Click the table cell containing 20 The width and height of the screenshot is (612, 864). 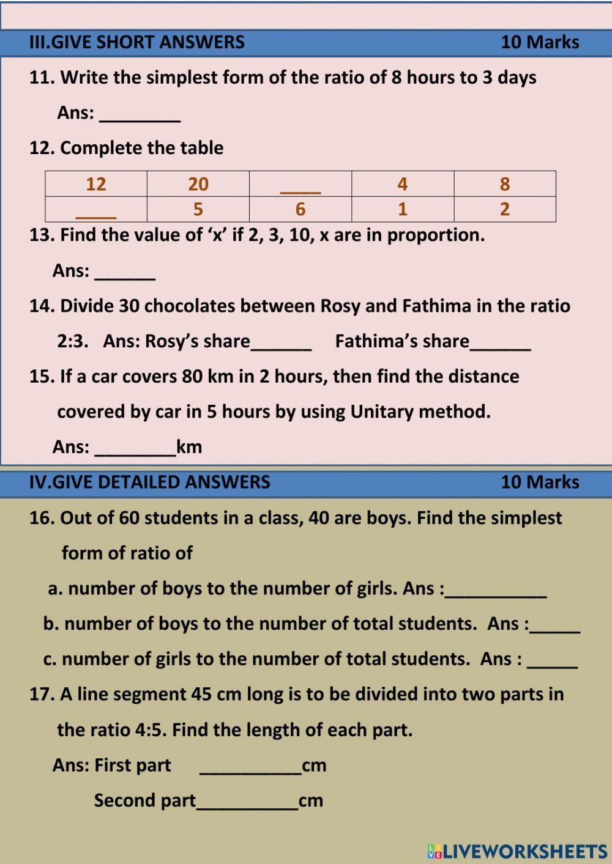pos(198,184)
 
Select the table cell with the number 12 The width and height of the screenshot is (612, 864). pos(96,184)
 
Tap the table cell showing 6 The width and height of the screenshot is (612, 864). pos(300,209)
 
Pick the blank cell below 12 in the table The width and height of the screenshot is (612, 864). pos(96,209)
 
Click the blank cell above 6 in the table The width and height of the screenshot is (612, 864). pos(300,184)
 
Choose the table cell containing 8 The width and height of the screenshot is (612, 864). pos(504,184)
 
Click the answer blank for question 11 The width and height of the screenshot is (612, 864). pos(140,114)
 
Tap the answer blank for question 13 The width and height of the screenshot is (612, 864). pos(125,272)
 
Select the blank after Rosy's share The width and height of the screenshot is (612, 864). pos(281,342)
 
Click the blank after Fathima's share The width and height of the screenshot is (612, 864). pos(500,342)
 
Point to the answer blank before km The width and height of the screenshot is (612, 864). pos(135,448)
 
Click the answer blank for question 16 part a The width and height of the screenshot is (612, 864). pos(496,590)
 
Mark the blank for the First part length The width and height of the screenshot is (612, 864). pos(250,767)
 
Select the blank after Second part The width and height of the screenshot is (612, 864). pos(247,802)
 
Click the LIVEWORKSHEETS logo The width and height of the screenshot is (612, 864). pos(517,851)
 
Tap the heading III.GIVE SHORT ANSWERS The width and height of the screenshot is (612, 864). pos(137,42)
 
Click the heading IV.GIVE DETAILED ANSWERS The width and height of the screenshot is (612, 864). pos(150,482)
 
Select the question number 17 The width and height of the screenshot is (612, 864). pos(42,695)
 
